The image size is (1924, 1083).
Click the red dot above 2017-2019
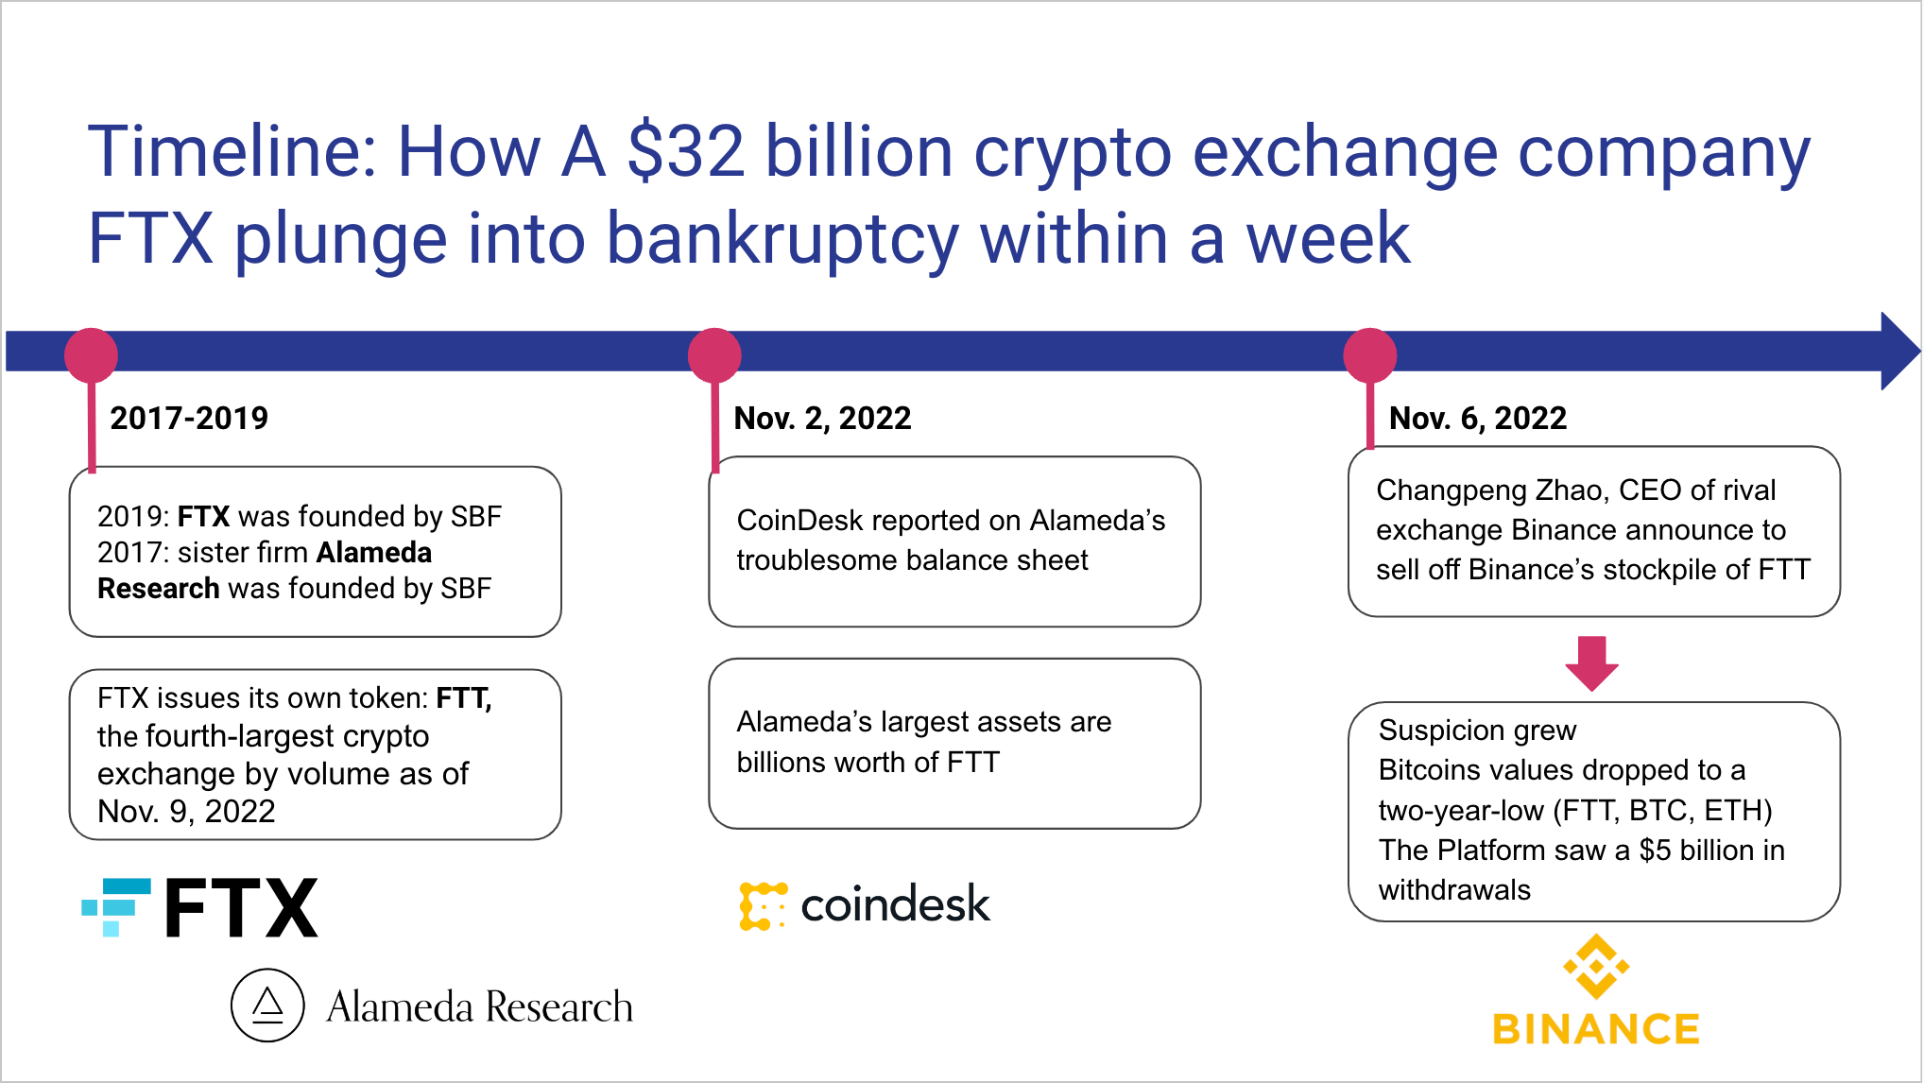(91, 355)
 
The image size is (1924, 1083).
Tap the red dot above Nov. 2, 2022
(714, 355)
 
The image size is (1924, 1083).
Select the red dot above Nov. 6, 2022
(1370, 355)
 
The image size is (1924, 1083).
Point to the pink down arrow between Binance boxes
(1592, 663)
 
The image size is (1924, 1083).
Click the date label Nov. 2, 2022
(822, 418)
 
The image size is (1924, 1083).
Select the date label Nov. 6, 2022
(1478, 418)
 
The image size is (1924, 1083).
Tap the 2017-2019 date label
(189, 418)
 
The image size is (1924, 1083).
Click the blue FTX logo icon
(116, 907)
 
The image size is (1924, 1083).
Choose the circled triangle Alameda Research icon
(267, 1006)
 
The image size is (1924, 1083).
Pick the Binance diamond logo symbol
(1596, 966)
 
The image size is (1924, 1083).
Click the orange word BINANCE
(1596, 1029)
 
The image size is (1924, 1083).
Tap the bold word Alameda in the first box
(374, 552)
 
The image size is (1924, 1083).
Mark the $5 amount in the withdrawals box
(1655, 851)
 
